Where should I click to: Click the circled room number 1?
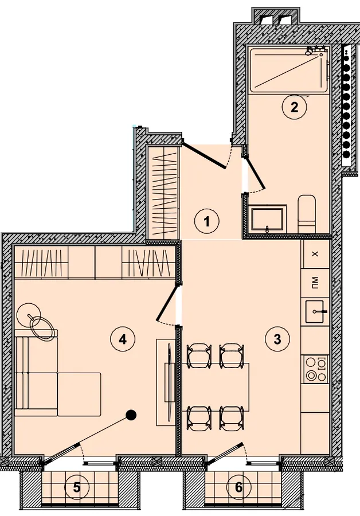pyautogui.click(x=206, y=221)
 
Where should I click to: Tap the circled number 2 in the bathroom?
pyautogui.click(x=294, y=107)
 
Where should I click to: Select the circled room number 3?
pyautogui.click(x=277, y=338)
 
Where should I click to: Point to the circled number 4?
pyautogui.click(x=123, y=339)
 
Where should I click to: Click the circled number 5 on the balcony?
pyautogui.click(x=76, y=487)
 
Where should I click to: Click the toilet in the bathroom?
pyautogui.click(x=307, y=214)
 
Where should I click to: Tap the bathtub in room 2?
pyautogui.click(x=288, y=70)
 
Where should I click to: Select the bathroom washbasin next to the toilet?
pyautogui.click(x=267, y=219)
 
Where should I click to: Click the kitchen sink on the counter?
pyautogui.click(x=316, y=311)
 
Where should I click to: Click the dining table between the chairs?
pyautogui.click(x=216, y=387)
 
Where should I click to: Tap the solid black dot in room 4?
pyautogui.click(x=132, y=415)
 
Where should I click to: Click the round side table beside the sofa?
pyautogui.click(x=29, y=315)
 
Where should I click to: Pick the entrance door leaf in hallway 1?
pyautogui.click(x=204, y=155)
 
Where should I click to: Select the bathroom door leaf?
pyautogui.click(x=255, y=174)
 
